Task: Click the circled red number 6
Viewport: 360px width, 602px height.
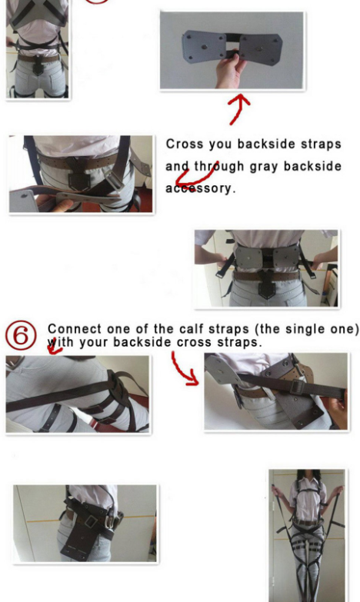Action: (21, 335)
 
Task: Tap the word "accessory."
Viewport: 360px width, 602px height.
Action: (200, 188)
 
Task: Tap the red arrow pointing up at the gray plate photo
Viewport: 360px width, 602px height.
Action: (238, 109)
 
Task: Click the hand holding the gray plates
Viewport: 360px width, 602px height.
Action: (231, 72)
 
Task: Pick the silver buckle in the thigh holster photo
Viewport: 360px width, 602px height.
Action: (91, 521)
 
